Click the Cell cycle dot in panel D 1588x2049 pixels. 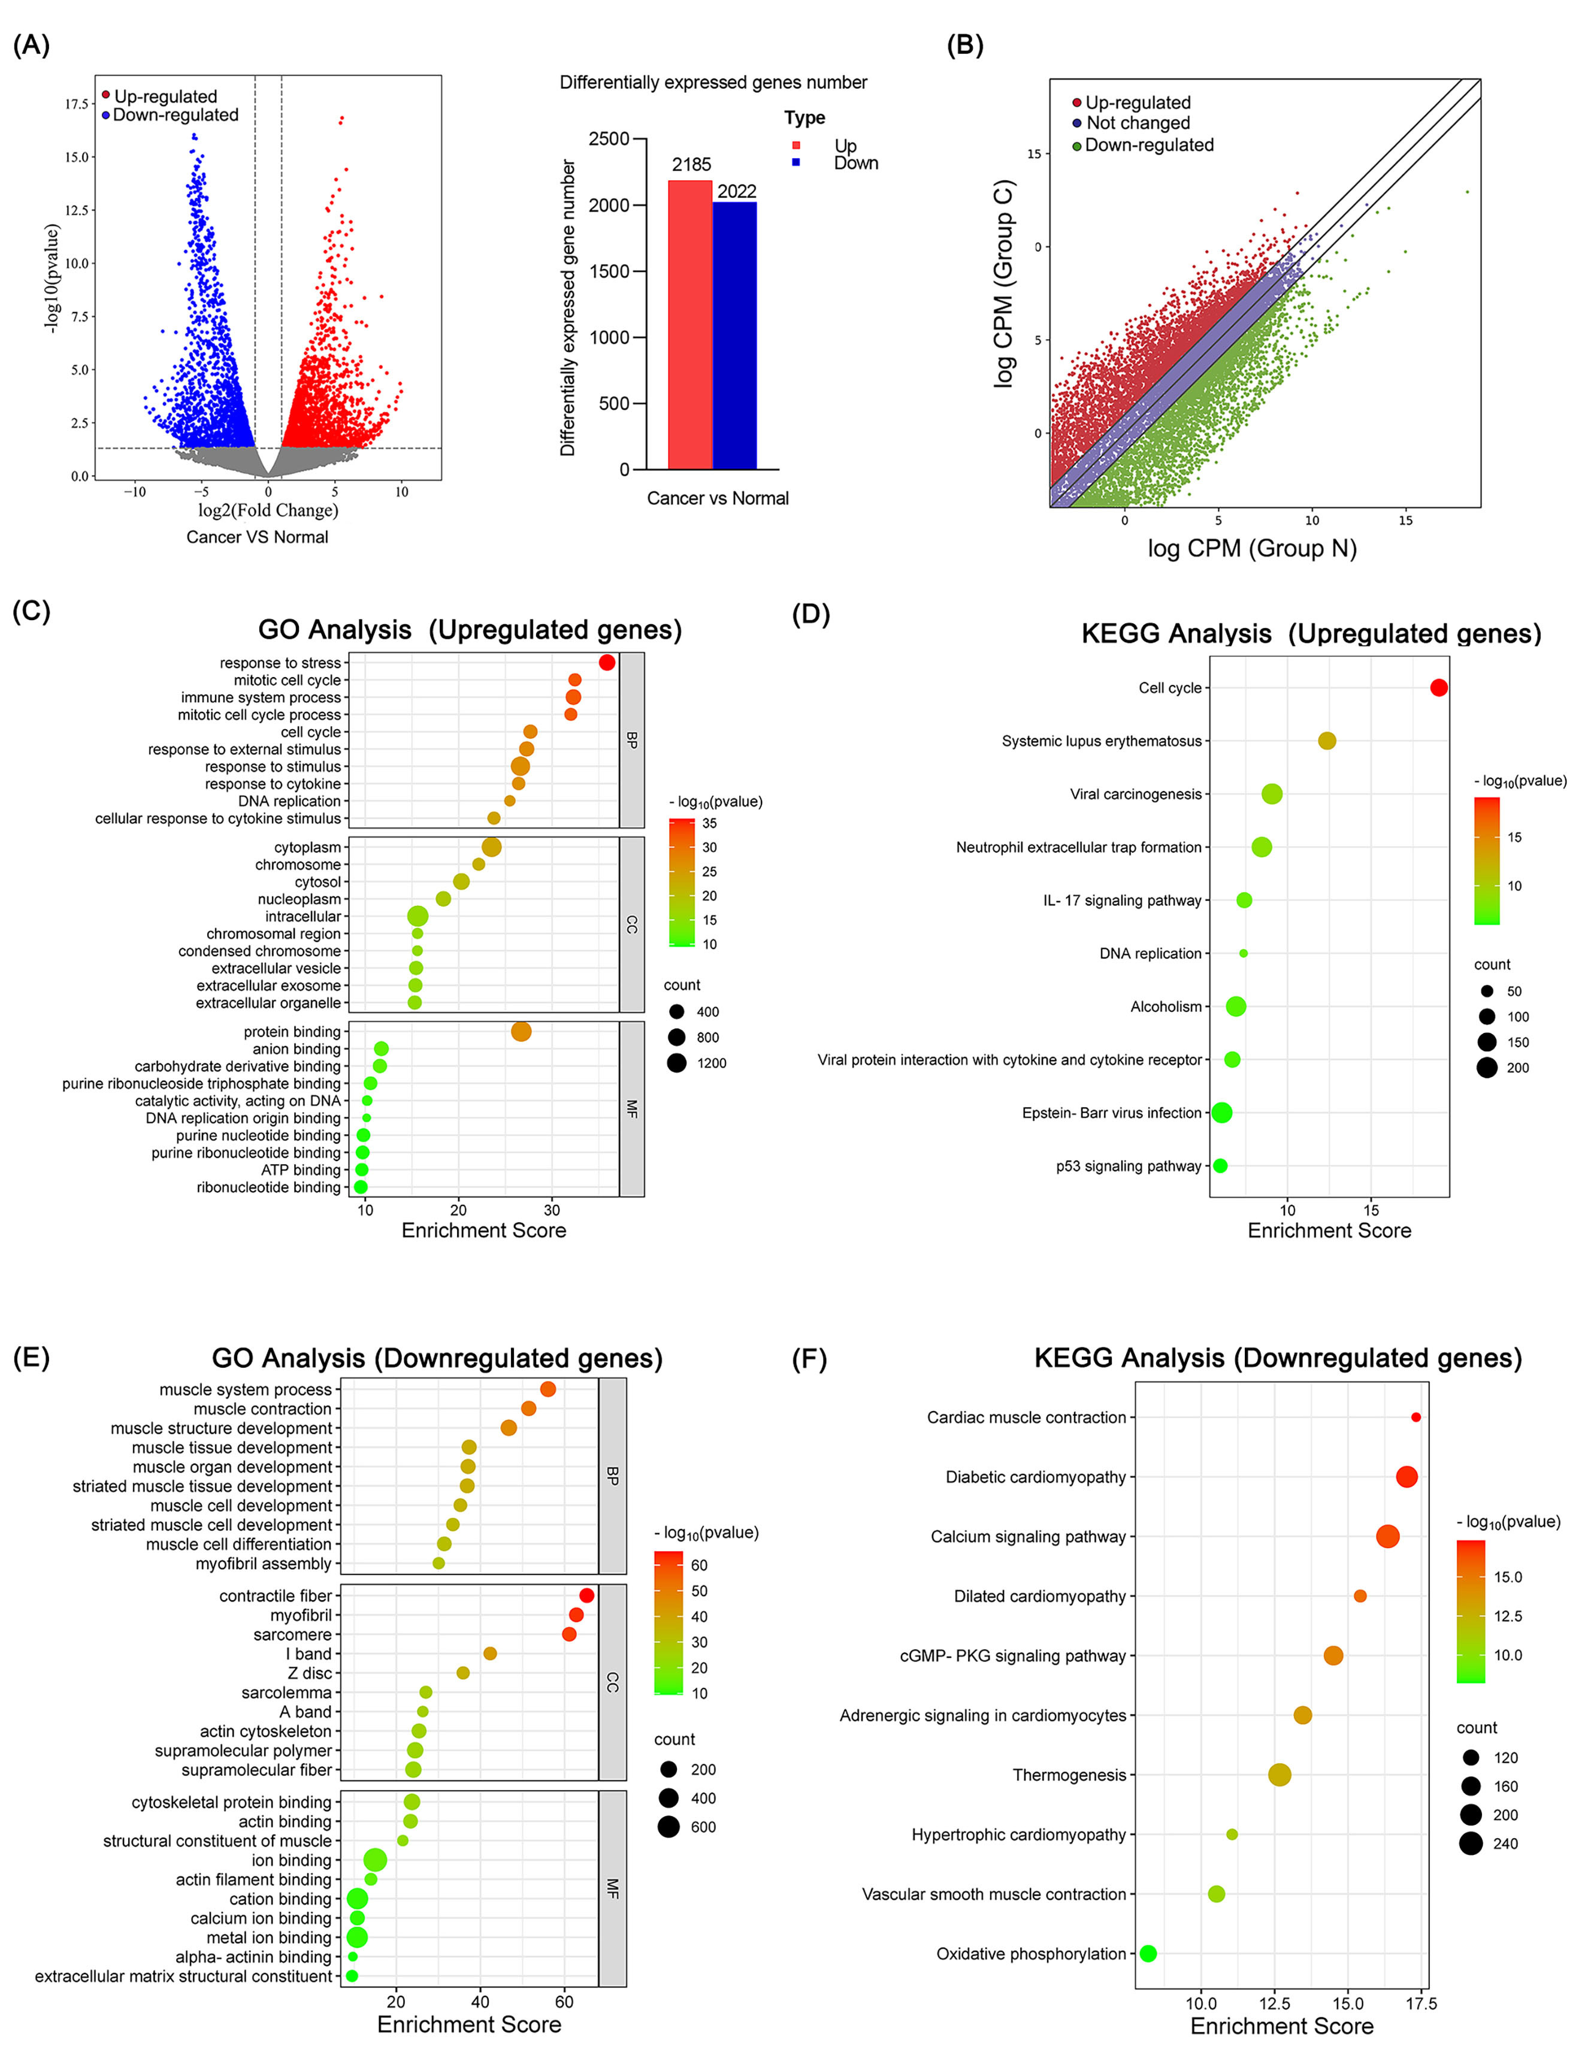1438,688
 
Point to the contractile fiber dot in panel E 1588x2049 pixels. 586,1595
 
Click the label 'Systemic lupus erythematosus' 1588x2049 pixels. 1101,741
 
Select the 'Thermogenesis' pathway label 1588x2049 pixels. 1069,1774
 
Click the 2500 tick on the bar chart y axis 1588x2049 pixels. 610,139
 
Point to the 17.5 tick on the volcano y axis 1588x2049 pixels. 76,104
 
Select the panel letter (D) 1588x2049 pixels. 810,615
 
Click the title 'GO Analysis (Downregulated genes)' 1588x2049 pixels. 437,1358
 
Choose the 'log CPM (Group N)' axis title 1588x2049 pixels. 1251,548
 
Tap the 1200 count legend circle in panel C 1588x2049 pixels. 676,1063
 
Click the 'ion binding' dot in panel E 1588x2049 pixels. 375,1860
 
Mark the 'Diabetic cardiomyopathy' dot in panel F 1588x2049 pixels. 1406,1477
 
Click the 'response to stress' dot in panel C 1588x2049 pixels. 607,663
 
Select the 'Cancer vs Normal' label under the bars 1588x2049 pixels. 718,498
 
